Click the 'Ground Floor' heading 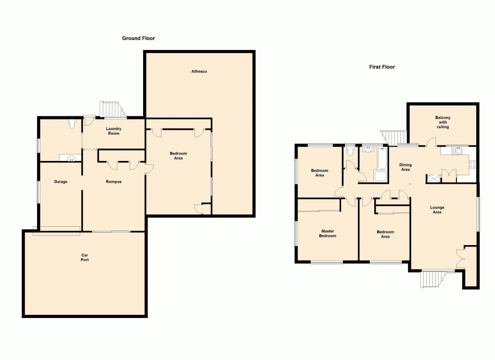tap(139, 38)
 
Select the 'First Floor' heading tap(382, 67)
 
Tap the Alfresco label tap(199, 72)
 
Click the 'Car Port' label tap(85, 257)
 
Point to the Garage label tap(61, 182)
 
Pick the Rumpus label tap(113, 182)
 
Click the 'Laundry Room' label tap(114, 131)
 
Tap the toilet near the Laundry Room tap(74, 123)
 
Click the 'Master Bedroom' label tap(328, 233)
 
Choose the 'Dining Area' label tap(405, 167)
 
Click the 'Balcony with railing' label tap(443, 122)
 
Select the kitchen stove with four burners tap(472, 164)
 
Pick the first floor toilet tap(350, 151)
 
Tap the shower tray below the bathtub tap(380, 177)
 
